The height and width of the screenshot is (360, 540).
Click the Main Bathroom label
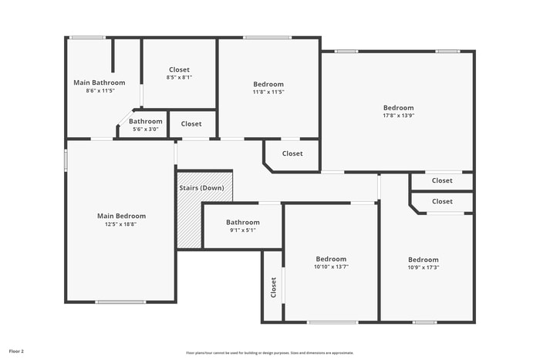click(99, 82)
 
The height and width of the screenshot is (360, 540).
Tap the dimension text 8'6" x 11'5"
click(100, 91)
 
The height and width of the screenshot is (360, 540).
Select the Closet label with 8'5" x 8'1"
click(178, 70)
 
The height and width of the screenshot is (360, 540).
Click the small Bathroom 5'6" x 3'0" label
click(146, 121)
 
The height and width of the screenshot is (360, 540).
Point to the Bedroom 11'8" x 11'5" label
click(268, 84)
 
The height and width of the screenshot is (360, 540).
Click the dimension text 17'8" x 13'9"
click(398, 116)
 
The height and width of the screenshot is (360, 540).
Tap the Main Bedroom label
click(121, 216)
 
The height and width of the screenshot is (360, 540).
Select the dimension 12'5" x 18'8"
click(121, 224)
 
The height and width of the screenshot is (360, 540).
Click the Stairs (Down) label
click(201, 188)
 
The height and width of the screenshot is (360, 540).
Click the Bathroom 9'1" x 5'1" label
click(242, 222)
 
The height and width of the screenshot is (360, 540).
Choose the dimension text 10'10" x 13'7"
click(331, 267)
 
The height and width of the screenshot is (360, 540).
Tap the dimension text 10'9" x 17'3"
click(423, 268)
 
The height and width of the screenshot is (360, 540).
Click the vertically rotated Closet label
click(273, 288)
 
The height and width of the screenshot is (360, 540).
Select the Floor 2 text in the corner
click(16, 351)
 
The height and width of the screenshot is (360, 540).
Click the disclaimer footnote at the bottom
click(268, 352)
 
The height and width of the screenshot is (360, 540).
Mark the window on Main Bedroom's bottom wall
click(120, 302)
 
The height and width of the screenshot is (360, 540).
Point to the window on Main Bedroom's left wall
click(65, 158)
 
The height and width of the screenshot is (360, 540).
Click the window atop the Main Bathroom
click(87, 37)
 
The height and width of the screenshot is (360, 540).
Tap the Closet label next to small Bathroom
click(191, 124)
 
